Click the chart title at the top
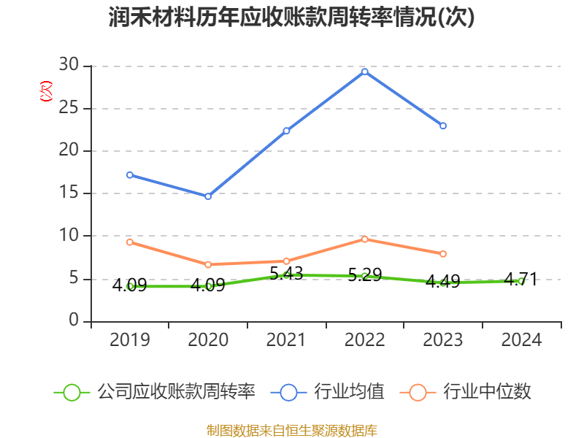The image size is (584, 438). coord(292,18)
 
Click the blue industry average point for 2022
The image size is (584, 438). coord(364,72)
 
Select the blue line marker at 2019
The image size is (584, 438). coord(129,174)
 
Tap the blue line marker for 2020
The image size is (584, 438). coord(208,196)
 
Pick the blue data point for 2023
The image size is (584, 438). coord(443,126)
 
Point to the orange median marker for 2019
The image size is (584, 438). coord(129,242)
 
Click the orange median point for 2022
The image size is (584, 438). coord(364,239)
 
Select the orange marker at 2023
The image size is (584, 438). coord(443,254)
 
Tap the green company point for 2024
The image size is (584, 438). coord(521,281)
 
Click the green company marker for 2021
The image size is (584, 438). coord(286,275)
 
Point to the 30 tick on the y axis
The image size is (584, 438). coord(69,66)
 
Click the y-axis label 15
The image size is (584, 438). coord(69,193)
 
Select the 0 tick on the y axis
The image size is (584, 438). coord(74,321)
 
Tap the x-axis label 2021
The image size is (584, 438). coord(286,340)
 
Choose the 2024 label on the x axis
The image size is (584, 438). coord(521,340)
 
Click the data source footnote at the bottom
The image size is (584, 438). coord(292,430)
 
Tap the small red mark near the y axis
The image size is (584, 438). coord(46,91)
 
